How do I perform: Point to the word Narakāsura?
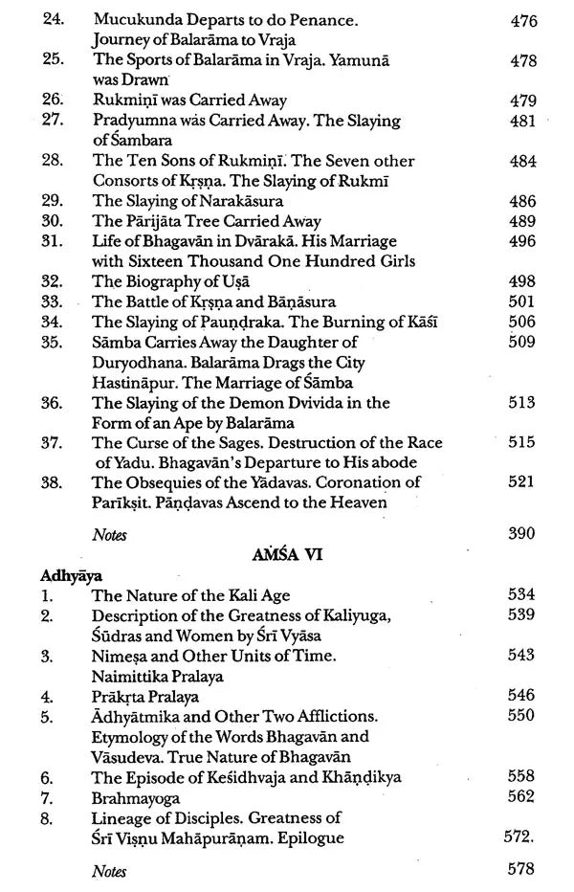tap(237, 201)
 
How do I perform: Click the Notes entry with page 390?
tap(109, 535)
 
